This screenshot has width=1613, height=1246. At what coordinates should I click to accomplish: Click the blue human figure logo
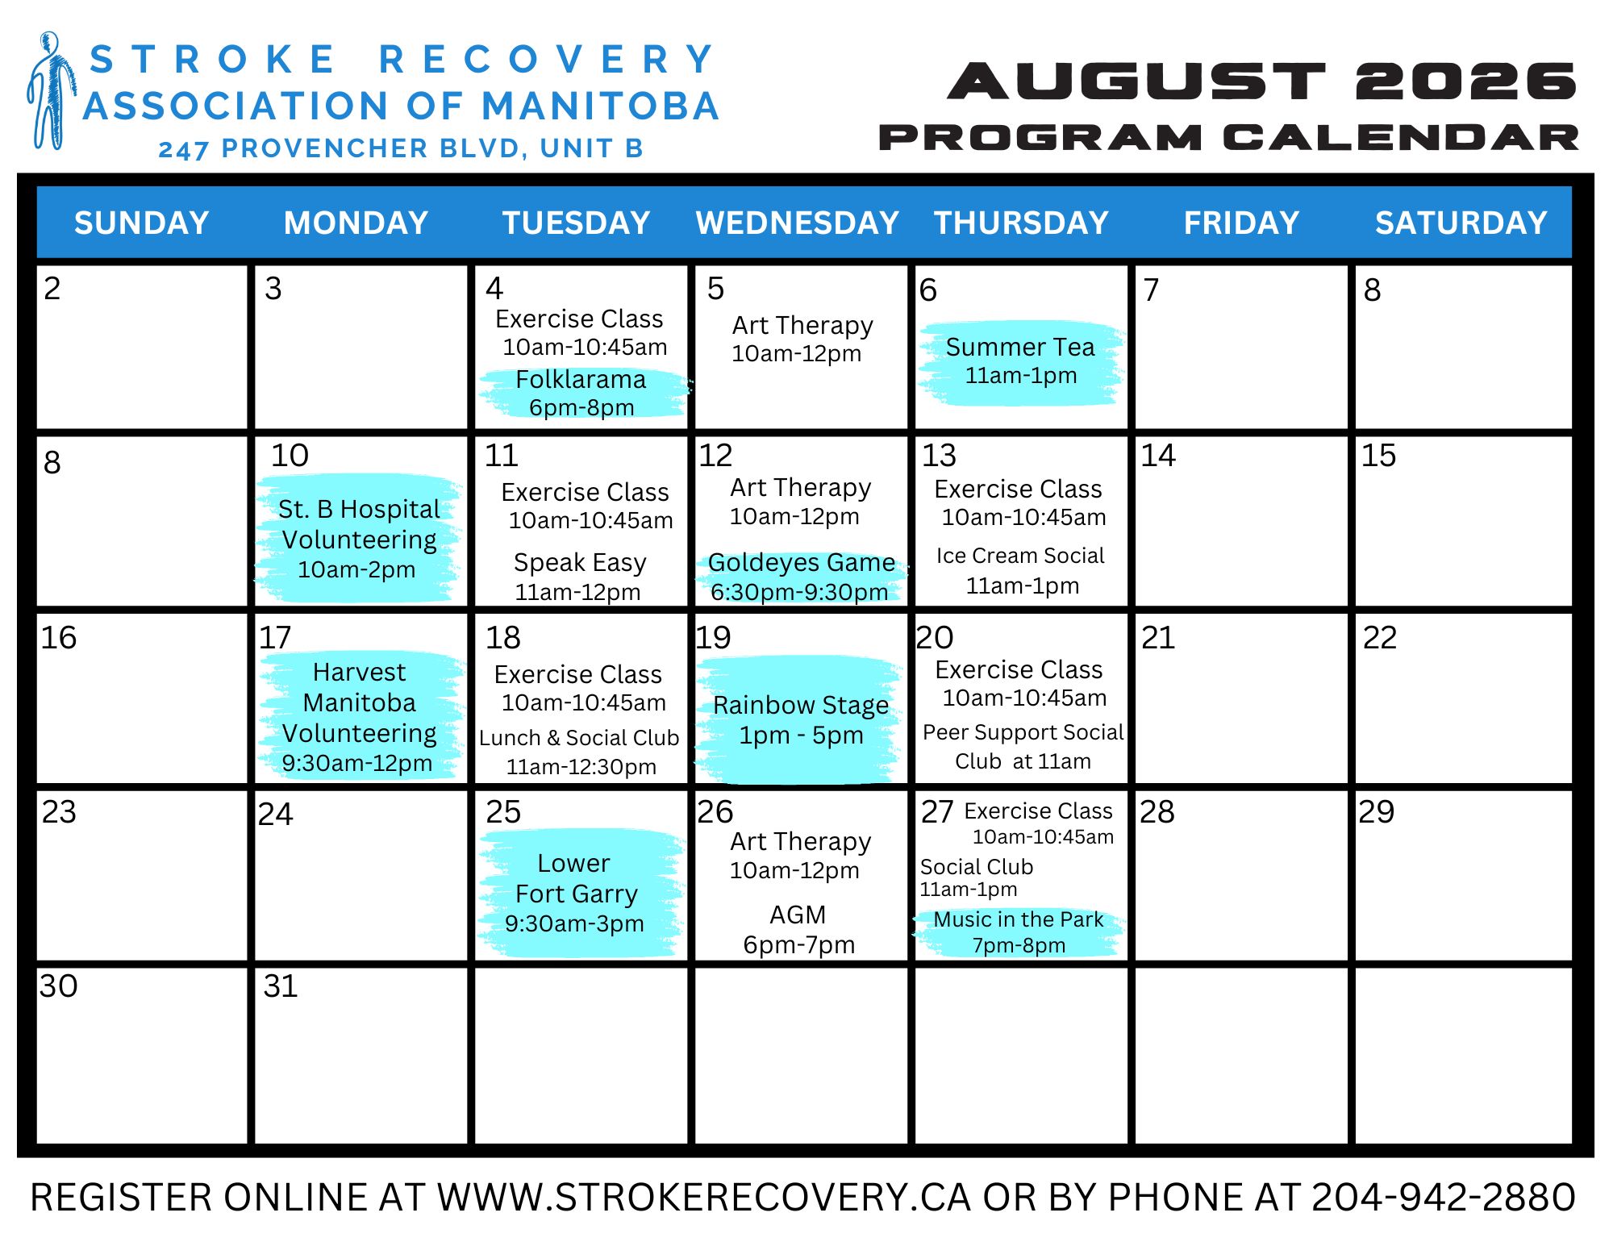coord(52,90)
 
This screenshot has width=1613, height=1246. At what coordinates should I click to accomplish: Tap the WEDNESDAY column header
coord(797,223)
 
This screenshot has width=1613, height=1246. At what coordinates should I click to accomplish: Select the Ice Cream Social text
coord(1020,556)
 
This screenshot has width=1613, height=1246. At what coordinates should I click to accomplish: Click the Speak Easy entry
coord(580,562)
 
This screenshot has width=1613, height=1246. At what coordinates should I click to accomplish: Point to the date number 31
coord(281,986)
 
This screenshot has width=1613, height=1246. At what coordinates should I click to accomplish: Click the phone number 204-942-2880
coord(1443,1198)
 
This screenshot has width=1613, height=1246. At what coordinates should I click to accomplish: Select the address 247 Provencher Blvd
coord(401,148)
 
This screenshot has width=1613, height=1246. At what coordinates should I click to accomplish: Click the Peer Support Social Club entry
coord(1023,747)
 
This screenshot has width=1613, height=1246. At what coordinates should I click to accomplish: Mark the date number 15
coord(1378,456)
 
